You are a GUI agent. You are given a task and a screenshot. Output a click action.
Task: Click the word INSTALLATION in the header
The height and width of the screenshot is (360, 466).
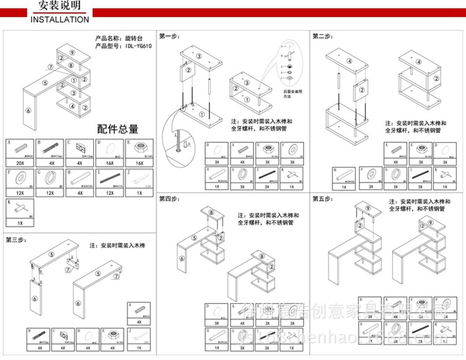coord(60,19)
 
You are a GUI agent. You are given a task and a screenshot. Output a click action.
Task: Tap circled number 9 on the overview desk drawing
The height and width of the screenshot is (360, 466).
coord(73,53)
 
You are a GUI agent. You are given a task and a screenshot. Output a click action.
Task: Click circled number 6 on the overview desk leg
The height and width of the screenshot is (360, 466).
coord(28,111)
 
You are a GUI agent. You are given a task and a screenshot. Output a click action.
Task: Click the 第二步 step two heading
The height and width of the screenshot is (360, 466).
coord(322,36)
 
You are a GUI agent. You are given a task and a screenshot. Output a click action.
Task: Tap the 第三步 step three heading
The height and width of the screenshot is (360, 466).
coord(16,239)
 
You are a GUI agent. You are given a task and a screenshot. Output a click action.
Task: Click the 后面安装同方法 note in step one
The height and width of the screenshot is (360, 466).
coord(292,94)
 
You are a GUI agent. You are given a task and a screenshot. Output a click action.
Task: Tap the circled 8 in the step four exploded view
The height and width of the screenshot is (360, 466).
coord(211,213)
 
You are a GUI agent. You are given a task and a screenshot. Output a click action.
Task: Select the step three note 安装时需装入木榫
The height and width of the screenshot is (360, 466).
coord(117,246)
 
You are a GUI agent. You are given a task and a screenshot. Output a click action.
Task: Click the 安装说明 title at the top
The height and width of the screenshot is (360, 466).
coord(60,7)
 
